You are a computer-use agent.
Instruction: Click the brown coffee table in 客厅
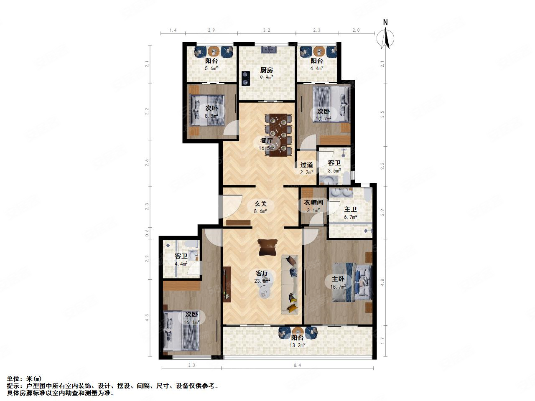click(x=268, y=247)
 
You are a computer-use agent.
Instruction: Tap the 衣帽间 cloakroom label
click(x=313, y=203)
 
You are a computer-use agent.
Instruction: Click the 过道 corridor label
click(x=307, y=165)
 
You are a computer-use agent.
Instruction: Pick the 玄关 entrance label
click(x=261, y=204)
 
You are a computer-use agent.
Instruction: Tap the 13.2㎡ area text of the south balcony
click(x=298, y=345)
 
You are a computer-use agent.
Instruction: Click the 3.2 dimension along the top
click(x=267, y=30)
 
